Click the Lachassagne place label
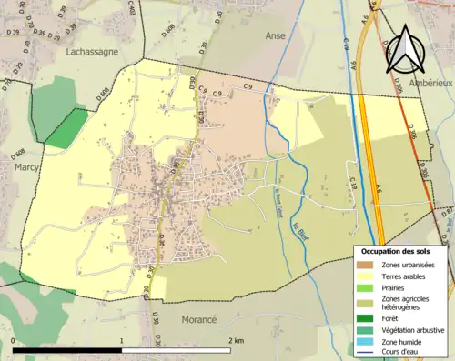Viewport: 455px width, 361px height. [92, 53]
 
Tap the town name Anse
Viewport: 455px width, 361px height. [275, 35]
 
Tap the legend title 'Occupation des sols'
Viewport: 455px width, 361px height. [401, 251]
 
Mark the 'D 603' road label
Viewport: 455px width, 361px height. [131, 9]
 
